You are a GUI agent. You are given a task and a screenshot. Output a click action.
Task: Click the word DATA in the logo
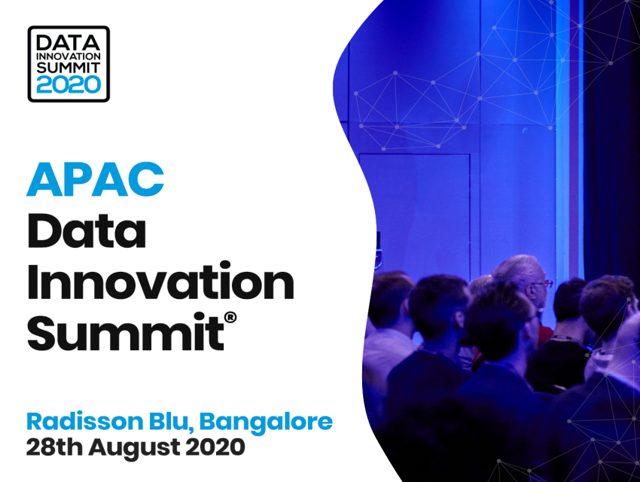coord(69,43)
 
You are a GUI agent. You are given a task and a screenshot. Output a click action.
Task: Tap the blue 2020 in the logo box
coord(69,85)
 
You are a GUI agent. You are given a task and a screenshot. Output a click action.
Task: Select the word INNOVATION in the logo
coord(69,56)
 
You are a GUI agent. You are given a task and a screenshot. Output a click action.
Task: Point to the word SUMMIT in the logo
coord(69,68)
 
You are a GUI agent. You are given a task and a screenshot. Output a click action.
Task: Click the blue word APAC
coord(95,179)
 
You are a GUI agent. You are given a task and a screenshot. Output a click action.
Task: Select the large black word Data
coord(87,230)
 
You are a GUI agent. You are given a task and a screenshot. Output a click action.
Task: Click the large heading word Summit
coord(126,331)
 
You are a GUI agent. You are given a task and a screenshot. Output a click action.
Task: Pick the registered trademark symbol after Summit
coord(230,317)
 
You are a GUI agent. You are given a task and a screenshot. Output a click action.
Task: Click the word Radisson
coord(85,422)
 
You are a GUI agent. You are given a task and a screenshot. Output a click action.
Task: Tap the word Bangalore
coord(266,423)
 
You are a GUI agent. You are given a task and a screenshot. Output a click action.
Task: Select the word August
coord(135,448)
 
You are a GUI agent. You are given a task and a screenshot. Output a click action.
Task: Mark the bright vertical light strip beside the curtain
coord(562,139)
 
